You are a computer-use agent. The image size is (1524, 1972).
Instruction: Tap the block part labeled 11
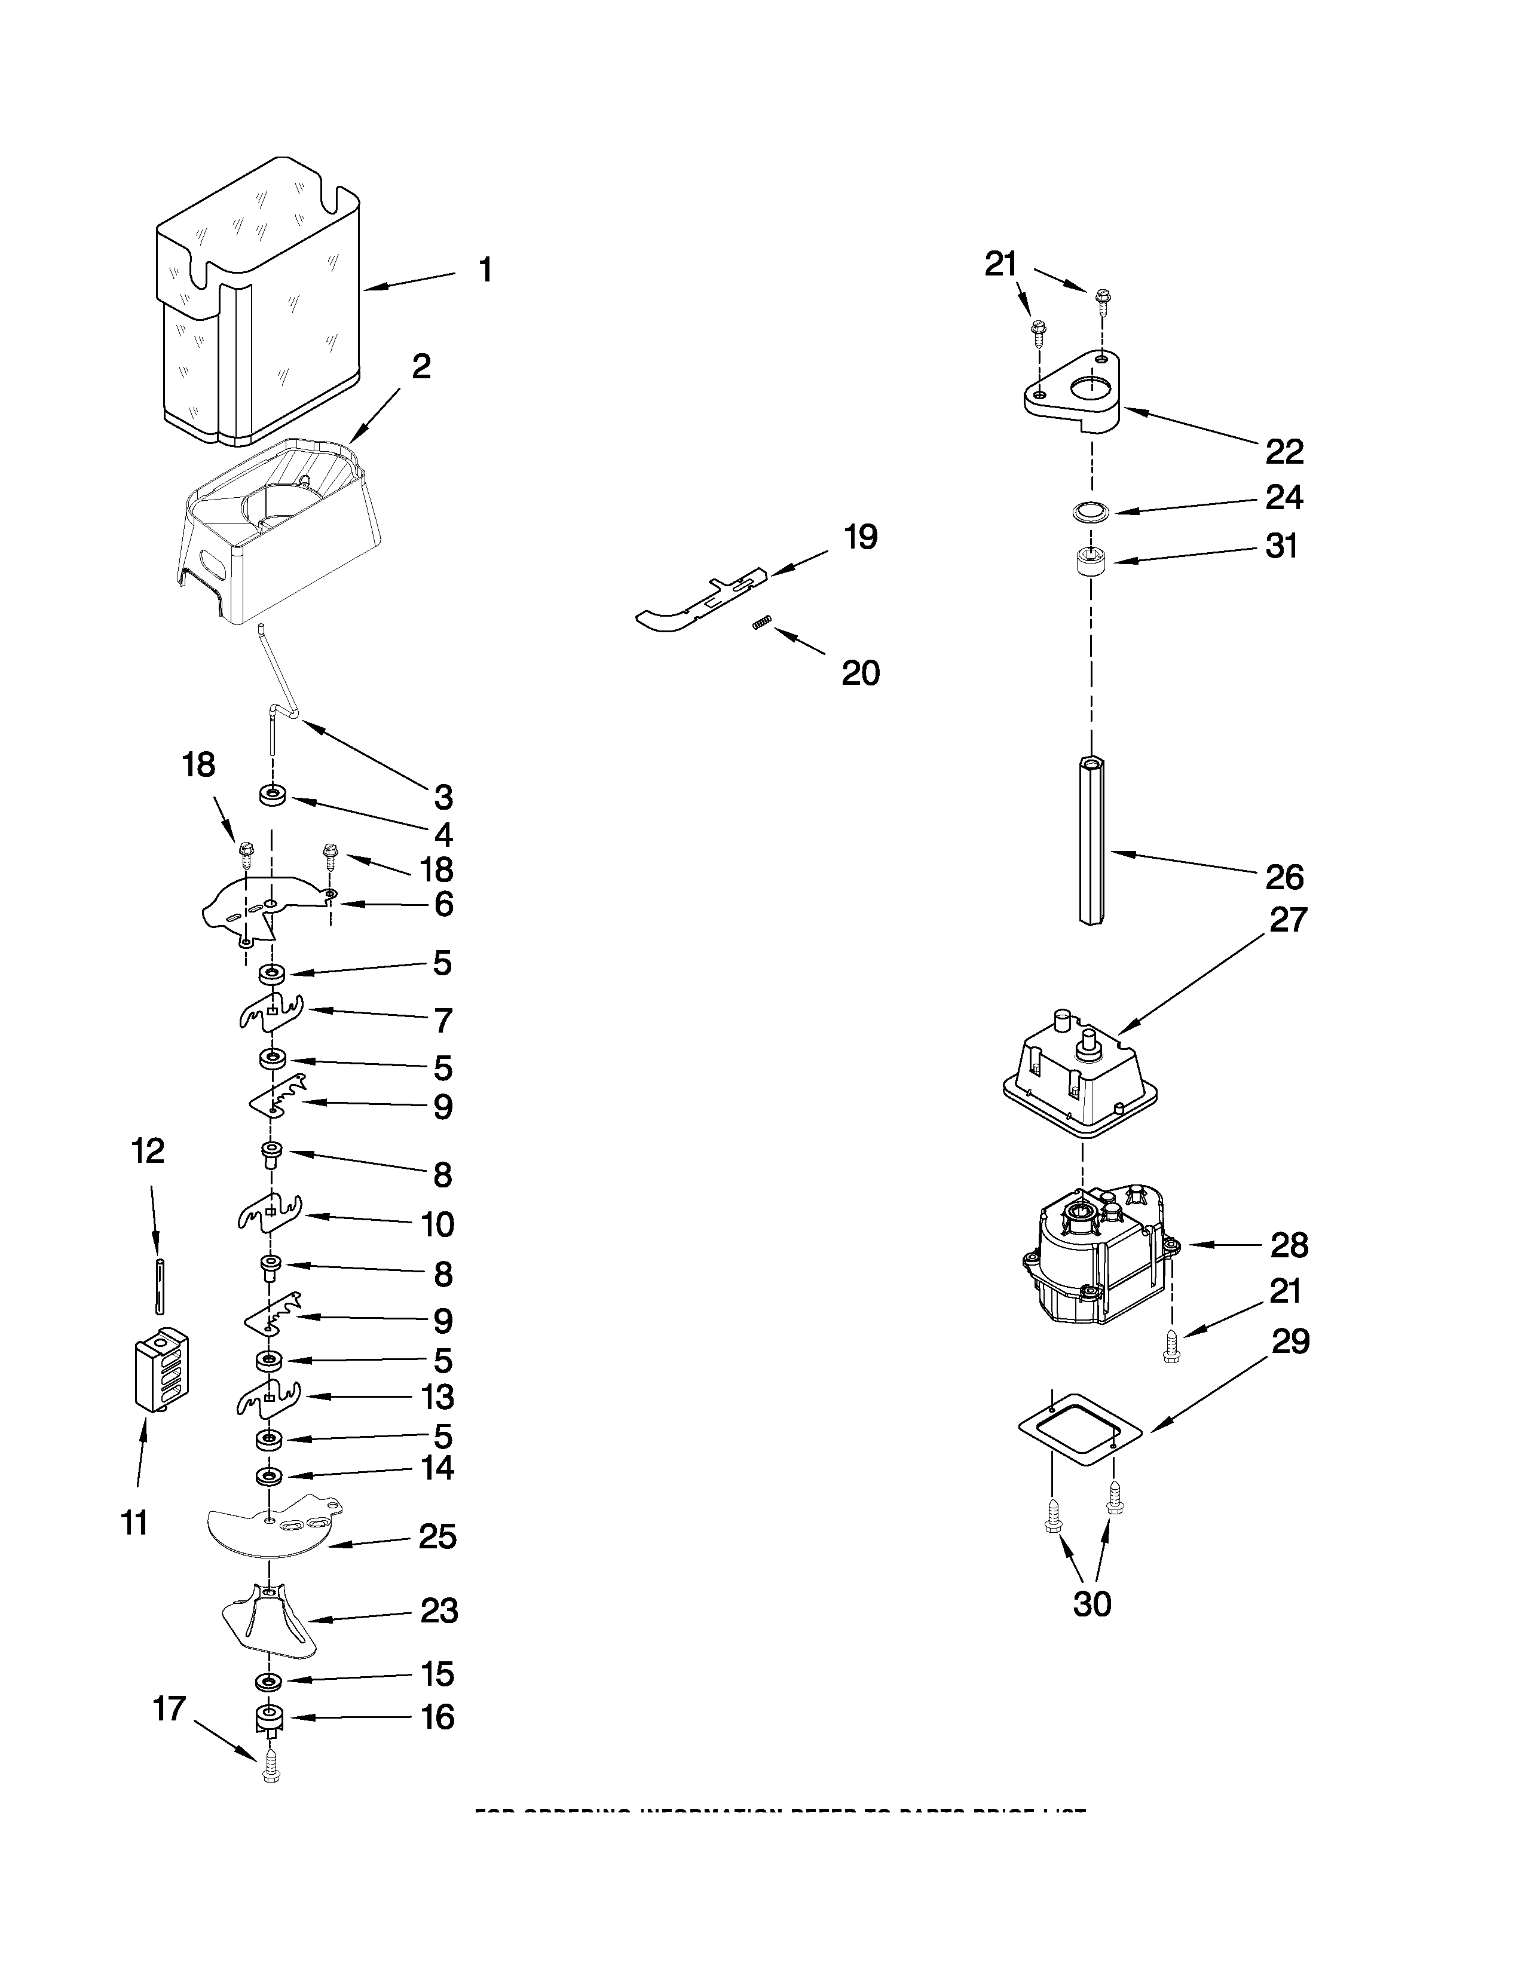163,1371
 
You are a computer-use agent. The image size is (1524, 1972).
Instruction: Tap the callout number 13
437,1397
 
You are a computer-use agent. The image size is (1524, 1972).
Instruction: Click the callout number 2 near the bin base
421,366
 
